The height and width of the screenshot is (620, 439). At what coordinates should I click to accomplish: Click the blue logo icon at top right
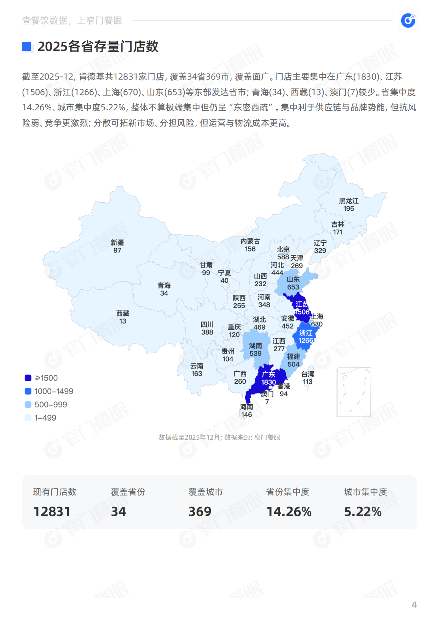(408, 21)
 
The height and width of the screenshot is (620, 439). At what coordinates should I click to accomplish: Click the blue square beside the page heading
(27, 46)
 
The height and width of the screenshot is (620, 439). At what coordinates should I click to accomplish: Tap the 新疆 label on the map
(117, 243)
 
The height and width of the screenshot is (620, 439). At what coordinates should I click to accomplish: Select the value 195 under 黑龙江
(348, 209)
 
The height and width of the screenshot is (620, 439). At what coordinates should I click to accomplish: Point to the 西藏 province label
(123, 313)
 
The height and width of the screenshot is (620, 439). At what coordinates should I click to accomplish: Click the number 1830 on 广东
(268, 382)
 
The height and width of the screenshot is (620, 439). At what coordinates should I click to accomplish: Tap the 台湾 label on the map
(307, 374)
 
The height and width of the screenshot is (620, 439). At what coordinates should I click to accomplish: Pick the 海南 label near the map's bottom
(247, 407)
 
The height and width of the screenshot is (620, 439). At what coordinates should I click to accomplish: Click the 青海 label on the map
(164, 285)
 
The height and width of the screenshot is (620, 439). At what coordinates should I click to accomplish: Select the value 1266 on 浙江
(306, 341)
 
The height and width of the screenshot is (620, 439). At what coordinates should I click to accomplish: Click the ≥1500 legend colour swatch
(28, 378)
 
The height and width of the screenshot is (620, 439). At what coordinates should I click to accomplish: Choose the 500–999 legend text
(51, 405)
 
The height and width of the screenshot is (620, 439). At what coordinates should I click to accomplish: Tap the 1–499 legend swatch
(28, 418)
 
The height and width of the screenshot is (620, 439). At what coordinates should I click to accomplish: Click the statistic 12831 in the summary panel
(52, 512)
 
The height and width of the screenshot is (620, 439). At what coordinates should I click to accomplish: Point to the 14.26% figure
(289, 512)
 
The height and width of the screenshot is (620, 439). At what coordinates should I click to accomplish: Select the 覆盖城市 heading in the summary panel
(205, 492)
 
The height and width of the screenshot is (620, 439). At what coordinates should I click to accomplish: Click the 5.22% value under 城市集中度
(363, 512)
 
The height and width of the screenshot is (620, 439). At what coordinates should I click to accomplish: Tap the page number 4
(414, 604)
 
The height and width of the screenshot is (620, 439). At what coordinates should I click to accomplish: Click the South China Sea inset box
(354, 392)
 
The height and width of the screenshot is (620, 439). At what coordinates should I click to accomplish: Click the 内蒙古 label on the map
(250, 241)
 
